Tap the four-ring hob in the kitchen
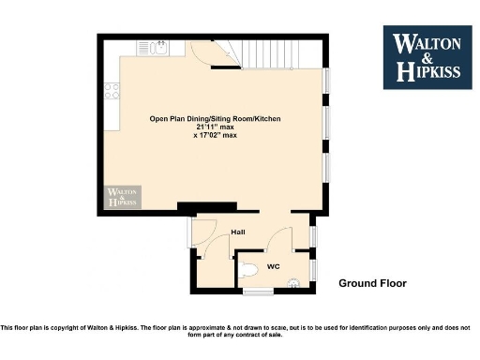112,91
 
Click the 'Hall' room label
237,232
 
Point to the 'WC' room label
274,266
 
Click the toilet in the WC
247,270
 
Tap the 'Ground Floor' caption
372,282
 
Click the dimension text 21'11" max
216,127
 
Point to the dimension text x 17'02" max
216,136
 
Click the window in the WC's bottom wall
259,292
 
